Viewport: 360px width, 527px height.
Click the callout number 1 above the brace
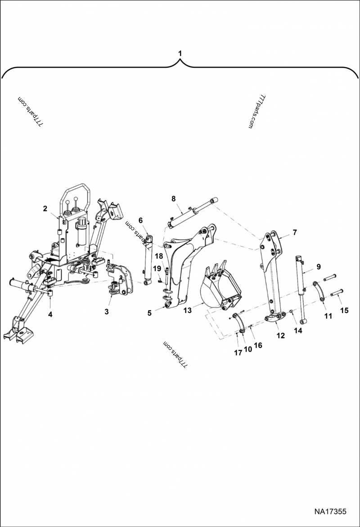point(180,53)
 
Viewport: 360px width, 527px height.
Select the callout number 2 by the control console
point(45,208)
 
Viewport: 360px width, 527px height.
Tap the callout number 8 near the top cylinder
point(173,198)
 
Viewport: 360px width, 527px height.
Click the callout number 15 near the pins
point(345,310)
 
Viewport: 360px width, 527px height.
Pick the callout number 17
point(238,353)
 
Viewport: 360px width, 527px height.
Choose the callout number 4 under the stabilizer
point(50,314)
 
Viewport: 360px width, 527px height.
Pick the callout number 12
point(280,335)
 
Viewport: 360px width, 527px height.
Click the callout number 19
point(157,268)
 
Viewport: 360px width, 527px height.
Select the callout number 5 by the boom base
point(149,312)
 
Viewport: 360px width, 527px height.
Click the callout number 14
point(298,330)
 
